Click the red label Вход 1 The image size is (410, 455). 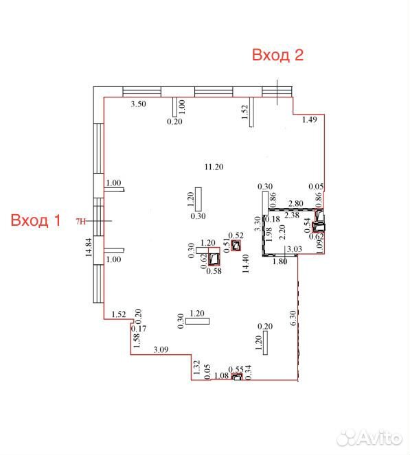click(36, 220)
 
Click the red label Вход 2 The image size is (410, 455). click(277, 55)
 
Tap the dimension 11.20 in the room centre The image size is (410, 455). click(214, 167)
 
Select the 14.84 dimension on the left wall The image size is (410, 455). click(89, 247)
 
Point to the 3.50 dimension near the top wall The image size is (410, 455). click(138, 104)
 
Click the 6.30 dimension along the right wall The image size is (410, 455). click(293, 318)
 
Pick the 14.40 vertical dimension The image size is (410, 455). click(246, 264)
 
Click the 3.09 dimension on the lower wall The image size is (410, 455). click(161, 350)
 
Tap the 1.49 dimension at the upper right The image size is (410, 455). click(310, 119)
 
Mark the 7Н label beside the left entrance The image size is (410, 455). click(81, 222)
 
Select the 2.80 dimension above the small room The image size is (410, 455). click(295, 203)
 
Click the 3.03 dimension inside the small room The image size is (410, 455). click(295, 249)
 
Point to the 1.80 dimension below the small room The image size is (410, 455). click(280, 261)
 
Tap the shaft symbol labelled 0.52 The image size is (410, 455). click(236, 246)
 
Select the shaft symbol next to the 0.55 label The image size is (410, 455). click(237, 377)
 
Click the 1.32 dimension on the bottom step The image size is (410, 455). click(197, 367)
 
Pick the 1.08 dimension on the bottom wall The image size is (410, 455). click(221, 375)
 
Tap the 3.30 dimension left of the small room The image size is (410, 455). click(258, 224)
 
